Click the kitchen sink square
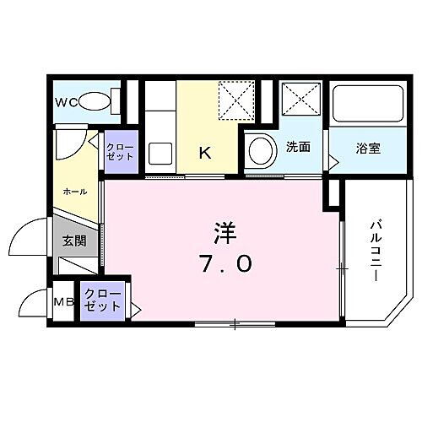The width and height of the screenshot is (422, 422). click(160, 154)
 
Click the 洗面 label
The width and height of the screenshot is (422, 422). click(297, 147)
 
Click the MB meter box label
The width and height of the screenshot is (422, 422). click(64, 301)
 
